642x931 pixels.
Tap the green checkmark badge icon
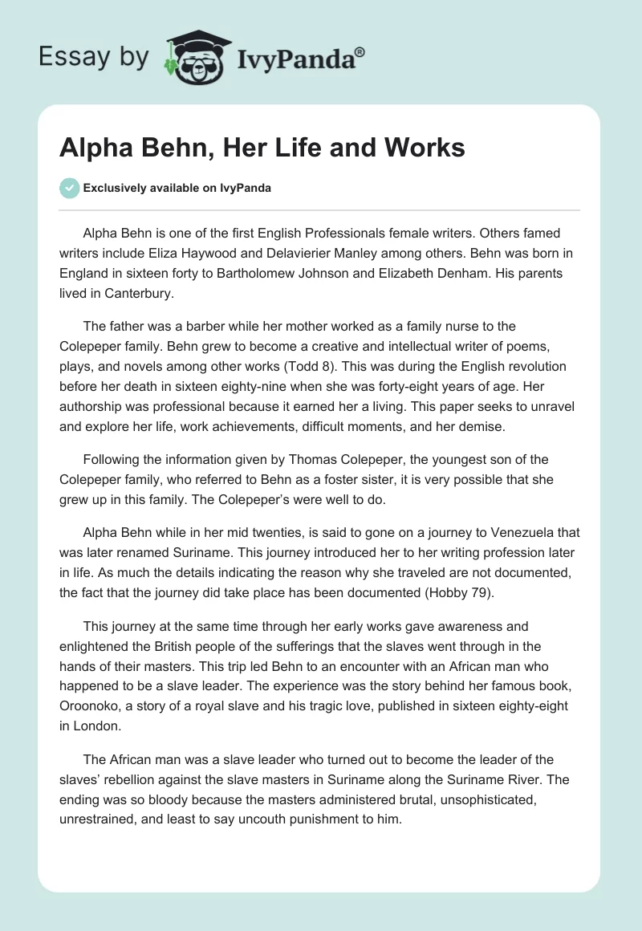pos(69,188)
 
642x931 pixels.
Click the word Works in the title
pos(424,148)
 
